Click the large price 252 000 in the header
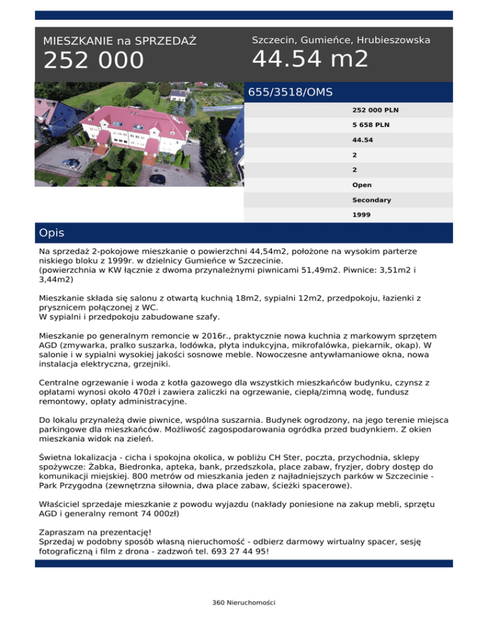(93, 61)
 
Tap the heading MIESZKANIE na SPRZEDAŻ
(119, 41)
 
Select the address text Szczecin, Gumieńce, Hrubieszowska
(341, 40)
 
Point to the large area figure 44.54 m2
(310, 59)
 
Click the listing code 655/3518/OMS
(290, 92)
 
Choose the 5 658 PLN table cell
(366, 124)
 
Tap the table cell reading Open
(362, 185)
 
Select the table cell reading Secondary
(371, 200)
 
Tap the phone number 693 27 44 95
(236, 552)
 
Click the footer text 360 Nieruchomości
(243, 602)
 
